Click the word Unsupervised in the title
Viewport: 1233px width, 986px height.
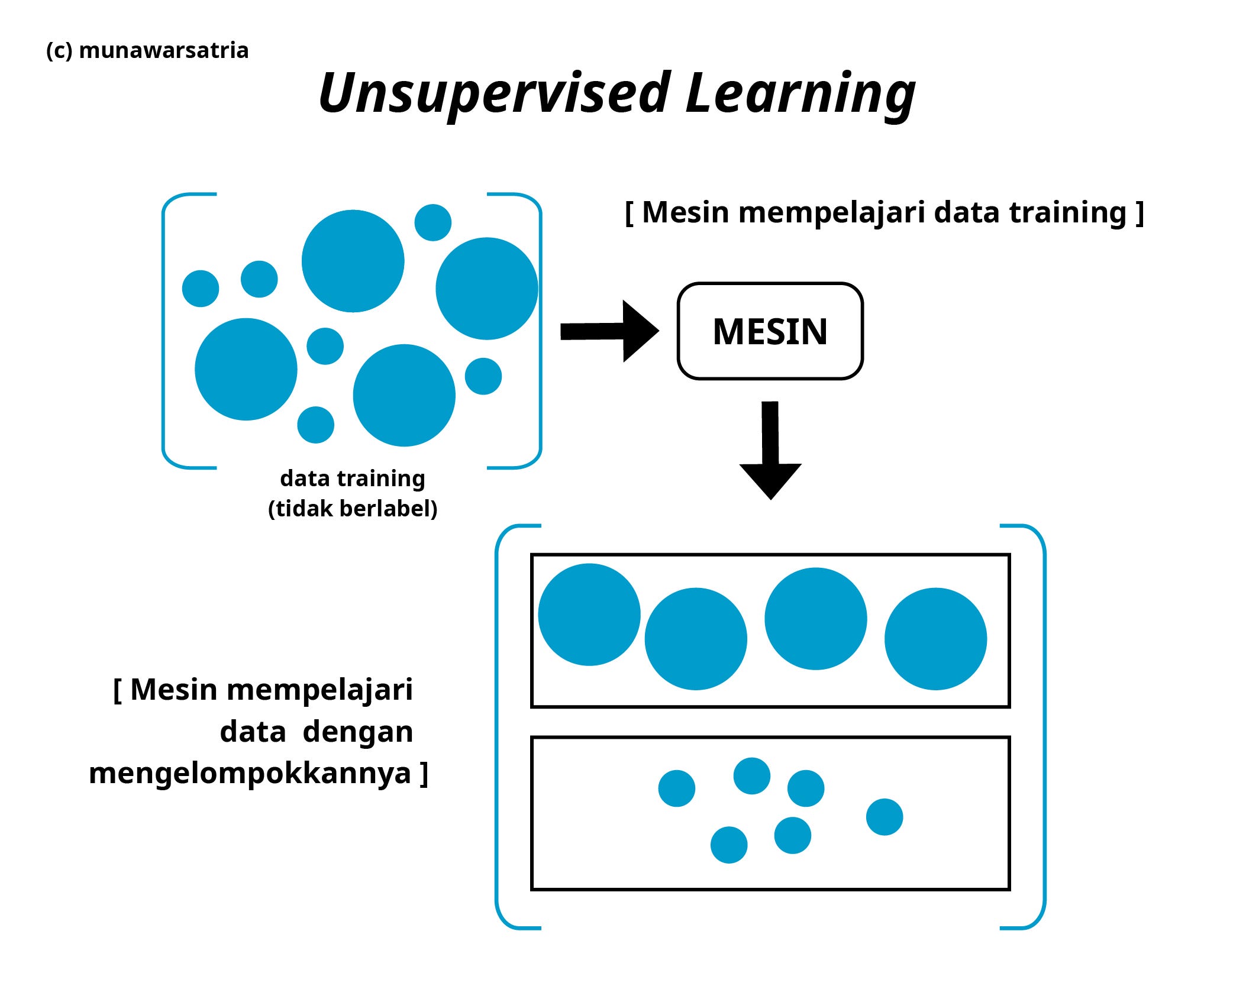[x=494, y=93]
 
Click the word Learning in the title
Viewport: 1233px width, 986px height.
[x=800, y=93]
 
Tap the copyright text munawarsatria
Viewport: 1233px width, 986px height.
[x=163, y=51]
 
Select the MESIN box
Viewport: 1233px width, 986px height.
[x=770, y=331]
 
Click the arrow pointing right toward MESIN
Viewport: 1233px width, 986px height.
[x=609, y=331]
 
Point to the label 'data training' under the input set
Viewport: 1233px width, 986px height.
[x=353, y=479]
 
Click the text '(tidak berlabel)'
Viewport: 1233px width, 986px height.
[x=353, y=509]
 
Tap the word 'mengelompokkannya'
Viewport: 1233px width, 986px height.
[x=250, y=773]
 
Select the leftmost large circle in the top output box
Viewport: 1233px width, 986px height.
[x=589, y=615]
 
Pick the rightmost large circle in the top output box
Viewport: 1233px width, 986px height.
[x=935, y=639]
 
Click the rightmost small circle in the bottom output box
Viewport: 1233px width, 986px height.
[x=885, y=817]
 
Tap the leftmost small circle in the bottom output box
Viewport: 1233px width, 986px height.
[x=676, y=788]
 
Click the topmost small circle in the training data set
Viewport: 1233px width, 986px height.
[x=433, y=222]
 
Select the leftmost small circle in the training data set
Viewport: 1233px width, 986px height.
[x=201, y=289]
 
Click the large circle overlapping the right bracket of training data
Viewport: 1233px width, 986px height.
[x=486, y=289]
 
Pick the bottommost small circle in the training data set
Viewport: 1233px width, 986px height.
[x=315, y=425]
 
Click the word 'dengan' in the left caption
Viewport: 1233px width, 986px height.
[x=357, y=732]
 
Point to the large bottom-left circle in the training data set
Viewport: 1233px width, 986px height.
[x=246, y=369]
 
